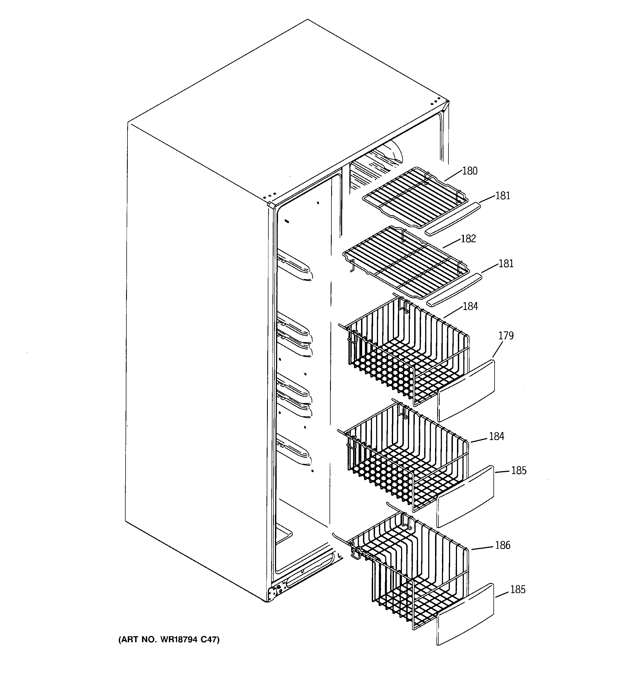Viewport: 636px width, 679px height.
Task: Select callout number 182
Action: click(468, 238)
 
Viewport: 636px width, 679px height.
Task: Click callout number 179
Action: click(506, 336)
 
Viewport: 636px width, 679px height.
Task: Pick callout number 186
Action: click(502, 545)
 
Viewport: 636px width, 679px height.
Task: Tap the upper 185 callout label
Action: click(519, 471)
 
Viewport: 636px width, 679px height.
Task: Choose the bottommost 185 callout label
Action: click(518, 590)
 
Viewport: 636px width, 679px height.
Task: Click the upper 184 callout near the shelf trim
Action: click(470, 306)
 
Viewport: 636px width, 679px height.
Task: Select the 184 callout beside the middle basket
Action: click(496, 436)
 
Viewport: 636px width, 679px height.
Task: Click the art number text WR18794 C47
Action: click(169, 639)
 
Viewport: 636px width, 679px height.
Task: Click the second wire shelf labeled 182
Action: click(405, 261)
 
